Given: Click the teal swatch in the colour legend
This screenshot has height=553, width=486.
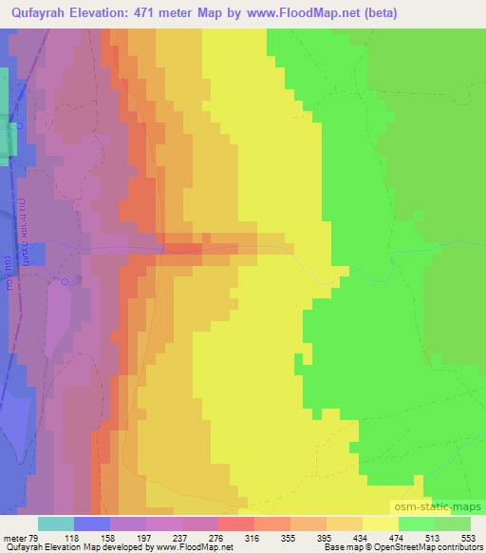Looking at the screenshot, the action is [56, 524].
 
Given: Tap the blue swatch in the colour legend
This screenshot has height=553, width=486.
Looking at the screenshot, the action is [92, 524].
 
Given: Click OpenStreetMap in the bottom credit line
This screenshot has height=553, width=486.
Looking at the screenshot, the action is [403, 547].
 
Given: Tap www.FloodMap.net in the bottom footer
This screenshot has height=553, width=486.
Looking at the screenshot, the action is [197, 547].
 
